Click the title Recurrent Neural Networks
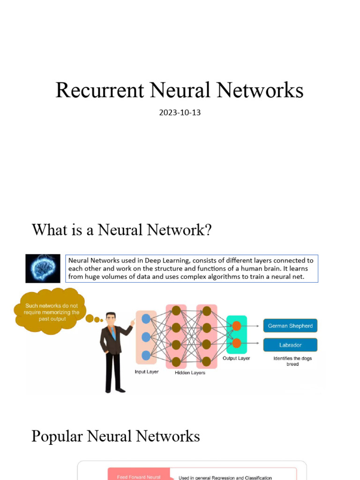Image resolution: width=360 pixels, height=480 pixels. (x=180, y=90)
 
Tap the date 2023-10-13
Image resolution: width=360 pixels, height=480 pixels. (x=180, y=113)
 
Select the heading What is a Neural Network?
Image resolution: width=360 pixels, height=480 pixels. (x=122, y=230)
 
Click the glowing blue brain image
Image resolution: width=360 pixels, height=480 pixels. (x=43, y=269)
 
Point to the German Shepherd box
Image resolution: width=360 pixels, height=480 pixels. (x=290, y=326)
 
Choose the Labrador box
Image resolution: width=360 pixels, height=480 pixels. (x=290, y=345)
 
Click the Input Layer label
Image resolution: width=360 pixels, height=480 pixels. (x=146, y=372)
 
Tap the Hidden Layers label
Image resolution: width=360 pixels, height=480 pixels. (x=190, y=373)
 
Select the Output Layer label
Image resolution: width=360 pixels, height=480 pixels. (x=236, y=358)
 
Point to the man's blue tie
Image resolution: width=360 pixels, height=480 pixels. (x=113, y=334)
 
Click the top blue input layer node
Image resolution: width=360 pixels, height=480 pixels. (x=146, y=319)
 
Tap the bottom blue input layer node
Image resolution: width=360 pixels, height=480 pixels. (x=146, y=355)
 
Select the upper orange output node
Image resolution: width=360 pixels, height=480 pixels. (x=236, y=326)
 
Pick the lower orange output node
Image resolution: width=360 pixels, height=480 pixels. (x=236, y=343)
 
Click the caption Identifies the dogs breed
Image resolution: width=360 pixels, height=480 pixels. (x=292, y=361)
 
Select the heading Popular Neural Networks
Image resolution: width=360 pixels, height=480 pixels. (x=115, y=436)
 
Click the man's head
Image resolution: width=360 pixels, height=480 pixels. (x=111, y=319)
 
